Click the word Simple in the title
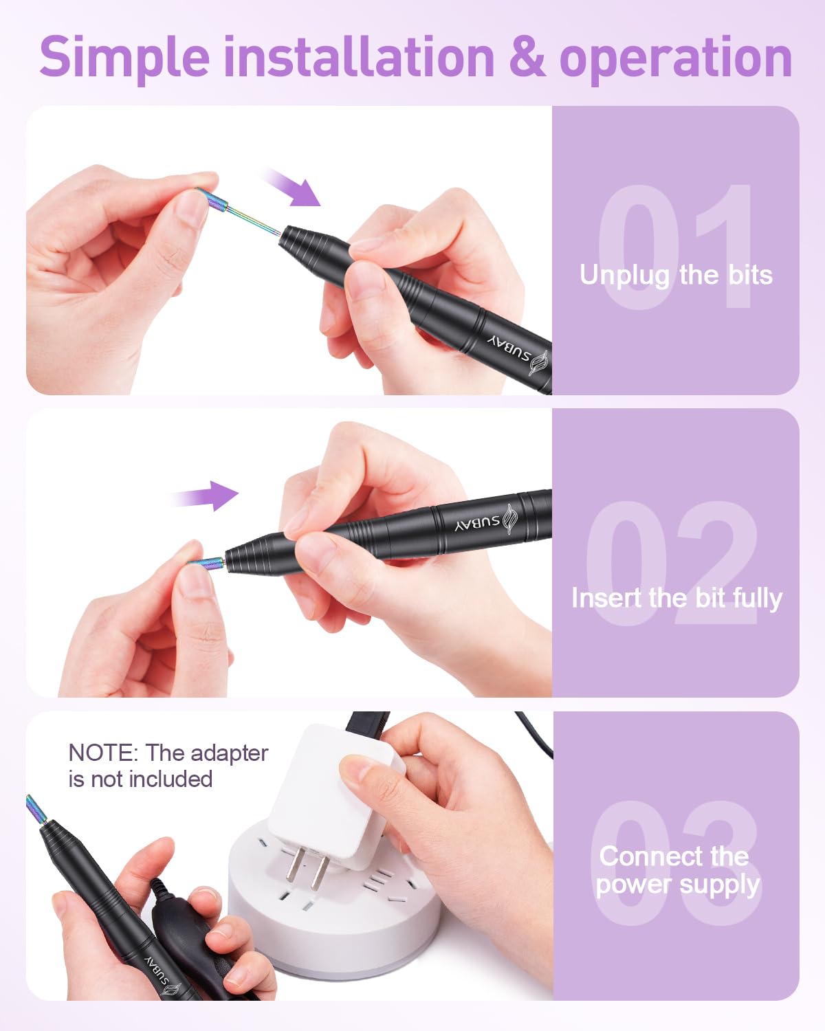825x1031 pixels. click(x=124, y=58)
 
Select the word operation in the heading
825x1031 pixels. click(x=675, y=60)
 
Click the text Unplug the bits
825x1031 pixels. click(x=675, y=276)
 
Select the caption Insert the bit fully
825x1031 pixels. click(x=676, y=599)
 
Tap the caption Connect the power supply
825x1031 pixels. click(x=676, y=870)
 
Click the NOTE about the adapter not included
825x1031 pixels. click(x=168, y=766)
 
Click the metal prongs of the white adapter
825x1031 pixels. click(x=307, y=867)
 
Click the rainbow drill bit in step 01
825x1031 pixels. click(x=239, y=211)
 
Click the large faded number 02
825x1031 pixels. click(x=671, y=564)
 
